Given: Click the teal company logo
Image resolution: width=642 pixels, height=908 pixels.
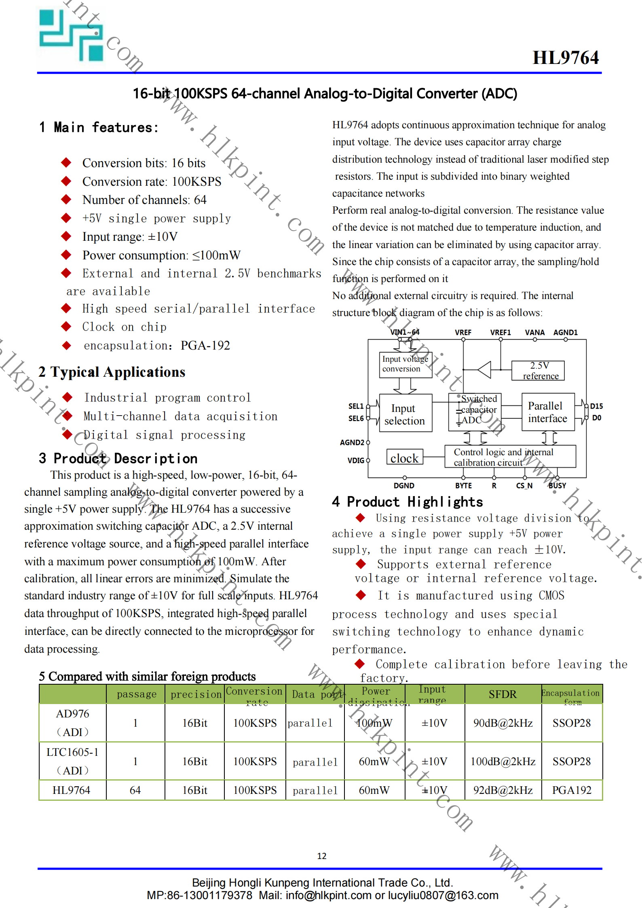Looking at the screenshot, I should click(x=71, y=36).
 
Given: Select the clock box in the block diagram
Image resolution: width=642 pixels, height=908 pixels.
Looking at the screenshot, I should click(x=404, y=458).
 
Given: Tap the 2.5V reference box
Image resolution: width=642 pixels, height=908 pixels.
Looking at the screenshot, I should click(x=538, y=371).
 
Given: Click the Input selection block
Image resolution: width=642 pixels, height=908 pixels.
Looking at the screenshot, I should click(x=405, y=414).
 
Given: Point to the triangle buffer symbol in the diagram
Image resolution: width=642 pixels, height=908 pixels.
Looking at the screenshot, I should click(x=484, y=369).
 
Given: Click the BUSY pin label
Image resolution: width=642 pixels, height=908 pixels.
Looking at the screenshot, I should click(x=557, y=486).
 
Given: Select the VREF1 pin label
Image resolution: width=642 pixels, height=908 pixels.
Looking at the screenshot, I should click(x=501, y=333).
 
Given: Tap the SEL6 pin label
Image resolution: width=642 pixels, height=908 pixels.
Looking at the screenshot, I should click(x=356, y=418).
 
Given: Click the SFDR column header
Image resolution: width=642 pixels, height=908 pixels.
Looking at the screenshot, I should click(x=503, y=694).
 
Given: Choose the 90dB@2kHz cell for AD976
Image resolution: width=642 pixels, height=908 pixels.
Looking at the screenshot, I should click(x=503, y=723).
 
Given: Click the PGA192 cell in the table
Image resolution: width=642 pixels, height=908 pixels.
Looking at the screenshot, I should click(x=572, y=790).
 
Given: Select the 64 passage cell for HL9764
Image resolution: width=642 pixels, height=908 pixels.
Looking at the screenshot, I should click(x=135, y=790).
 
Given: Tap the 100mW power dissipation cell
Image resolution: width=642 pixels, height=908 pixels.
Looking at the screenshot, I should click(x=374, y=723).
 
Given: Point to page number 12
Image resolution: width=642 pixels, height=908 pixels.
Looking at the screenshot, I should click(x=321, y=856).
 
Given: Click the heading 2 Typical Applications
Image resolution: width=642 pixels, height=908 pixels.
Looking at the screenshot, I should click(x=112, y=372).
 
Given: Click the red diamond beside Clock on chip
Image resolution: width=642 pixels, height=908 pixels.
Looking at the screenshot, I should click(x=66, y=327).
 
